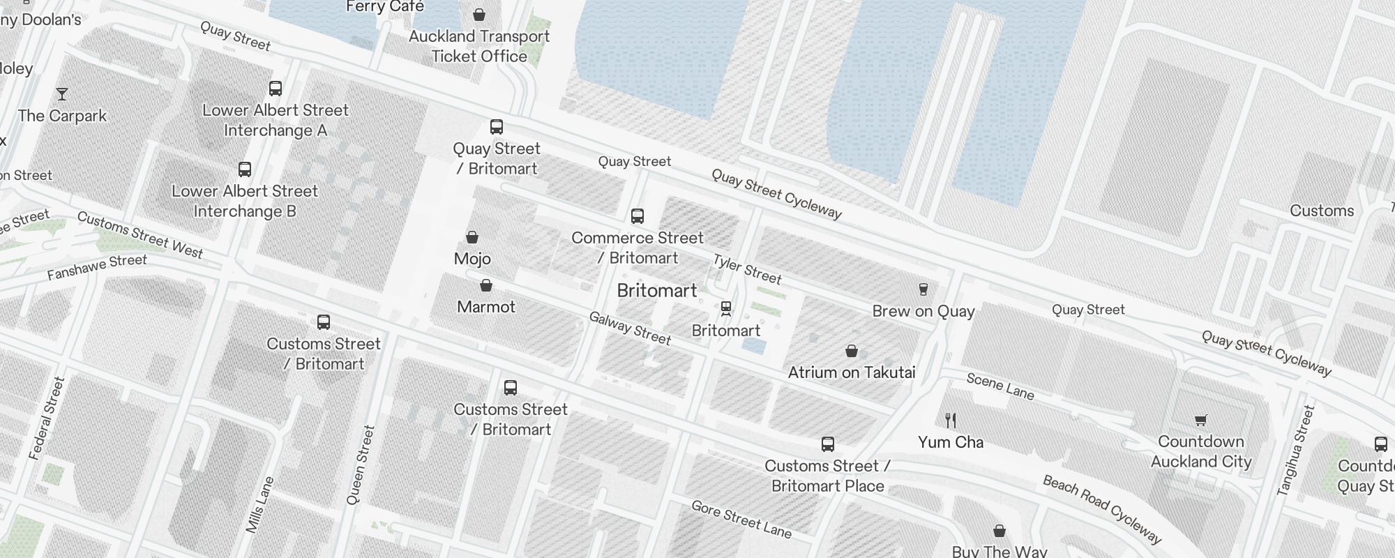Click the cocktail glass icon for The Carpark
(x=62, y=93)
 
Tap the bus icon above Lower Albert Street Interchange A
(x=276, y=89)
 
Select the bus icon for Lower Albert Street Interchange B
(x=245, y=169)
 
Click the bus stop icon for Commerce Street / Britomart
(x=638, y=216)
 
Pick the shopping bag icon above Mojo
(x=472, y=237)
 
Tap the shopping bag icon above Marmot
(x=486, y=285)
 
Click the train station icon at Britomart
(x=726, y=308)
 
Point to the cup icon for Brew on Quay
(x=923, y=289)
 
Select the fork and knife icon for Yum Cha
(x=950, y=420)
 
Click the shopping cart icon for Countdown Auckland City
(x=1200, y=420)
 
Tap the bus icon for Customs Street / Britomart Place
(x=828, y=444)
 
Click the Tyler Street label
(x=747, y=269)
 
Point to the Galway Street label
(x=630, y=329)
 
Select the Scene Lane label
(x=1000, y=386)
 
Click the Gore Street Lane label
(x=741, y=520)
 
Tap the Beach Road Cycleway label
(x=1102, y=509)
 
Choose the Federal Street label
(x=47, y=418)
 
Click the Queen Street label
(x=361, y=465)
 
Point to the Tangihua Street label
(x=1296, y=451)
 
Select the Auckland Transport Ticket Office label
(x=479, y=46)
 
